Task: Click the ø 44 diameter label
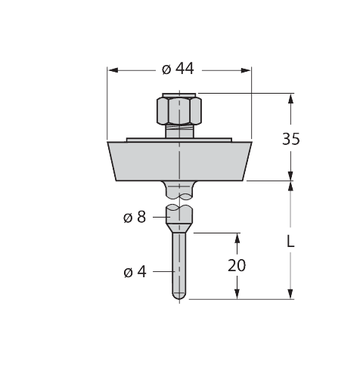point(178,69)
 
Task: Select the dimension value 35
point(290,138)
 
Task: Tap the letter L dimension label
point(290,242)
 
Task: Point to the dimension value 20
point(237,265)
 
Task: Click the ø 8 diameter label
point(134,218)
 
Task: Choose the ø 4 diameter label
point(134,272)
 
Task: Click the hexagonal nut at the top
point(178,111)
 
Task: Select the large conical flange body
point(178,161)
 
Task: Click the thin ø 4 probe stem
point(178,261)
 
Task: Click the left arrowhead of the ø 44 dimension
point(113,69)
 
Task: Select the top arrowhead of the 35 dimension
point(290,98)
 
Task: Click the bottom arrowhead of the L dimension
point(290,294)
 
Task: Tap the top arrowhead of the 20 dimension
point(237,238)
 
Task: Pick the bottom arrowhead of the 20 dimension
point(237,294)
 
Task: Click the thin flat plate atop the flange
point(178,140)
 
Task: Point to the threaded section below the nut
point(178,131)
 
